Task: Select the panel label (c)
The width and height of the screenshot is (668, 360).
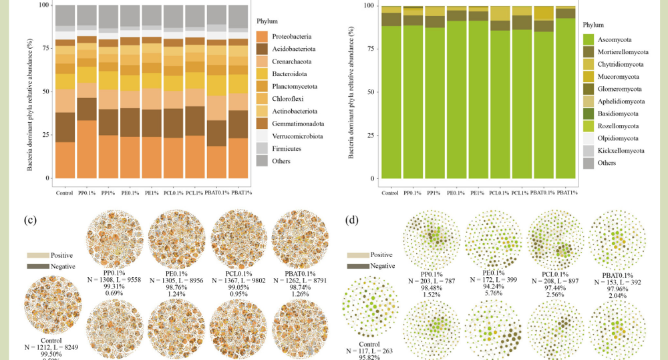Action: point(29,219)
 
